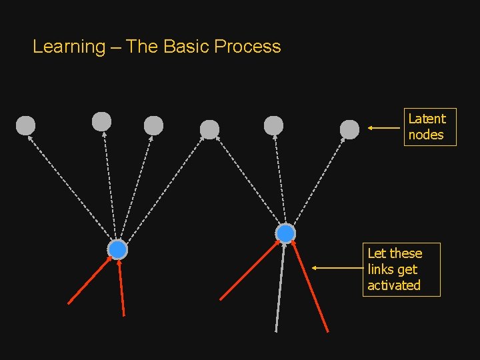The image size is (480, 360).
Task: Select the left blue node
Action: click(x=117, y=249)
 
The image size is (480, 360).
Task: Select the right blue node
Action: click(x=285, y=233)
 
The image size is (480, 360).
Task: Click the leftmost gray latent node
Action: click(x=25, y=125)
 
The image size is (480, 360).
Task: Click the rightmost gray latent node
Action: click(x=349, y=129)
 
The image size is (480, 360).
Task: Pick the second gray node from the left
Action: click(x=101, y=121)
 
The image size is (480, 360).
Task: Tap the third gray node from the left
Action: click(x=153, y=125)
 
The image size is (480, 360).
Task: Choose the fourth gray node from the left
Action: click(x=209, y=129)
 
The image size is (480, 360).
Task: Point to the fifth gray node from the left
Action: click(x=273, y=125)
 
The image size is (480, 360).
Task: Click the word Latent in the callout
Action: click(x=427, y=119)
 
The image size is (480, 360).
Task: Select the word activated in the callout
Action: click(x=394, y=285)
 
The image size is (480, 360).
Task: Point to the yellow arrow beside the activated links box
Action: click(x=337, y=268)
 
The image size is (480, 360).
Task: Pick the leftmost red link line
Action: click(x=89, y=281)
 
